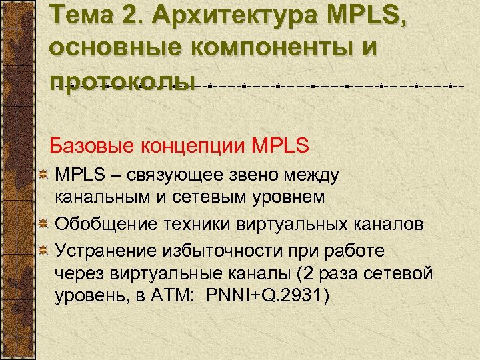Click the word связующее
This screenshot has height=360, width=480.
pos(185,175)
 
